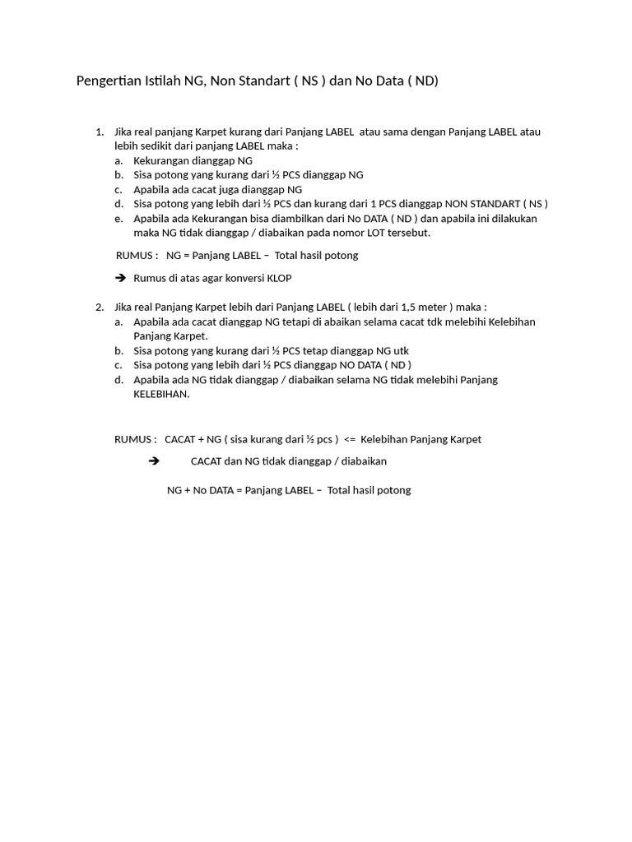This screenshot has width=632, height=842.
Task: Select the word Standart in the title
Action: (263, 81)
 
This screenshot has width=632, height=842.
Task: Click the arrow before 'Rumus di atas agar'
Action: (121, 279)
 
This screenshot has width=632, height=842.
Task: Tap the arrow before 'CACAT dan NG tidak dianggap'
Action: (153, 461)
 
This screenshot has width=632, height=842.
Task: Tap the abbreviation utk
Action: (400, 351)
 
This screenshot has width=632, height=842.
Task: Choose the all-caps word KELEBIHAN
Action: (161, 394)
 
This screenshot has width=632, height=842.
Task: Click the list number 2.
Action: (99, 307)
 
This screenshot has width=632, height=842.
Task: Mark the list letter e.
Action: (118, 219)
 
